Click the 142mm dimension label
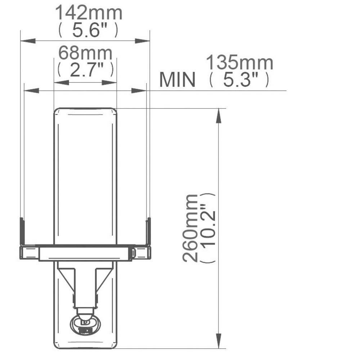(x=88, y=14)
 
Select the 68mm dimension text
(x=85, y=54)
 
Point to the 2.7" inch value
(x=85, y=70)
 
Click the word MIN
(x=177, y=80)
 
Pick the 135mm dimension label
(x=239, y=63)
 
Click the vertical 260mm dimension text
(x=190, y=228)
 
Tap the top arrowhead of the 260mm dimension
(x=218, y=115)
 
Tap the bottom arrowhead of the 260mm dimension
(x=218, y=341)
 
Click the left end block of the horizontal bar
(x=28, y=252)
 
